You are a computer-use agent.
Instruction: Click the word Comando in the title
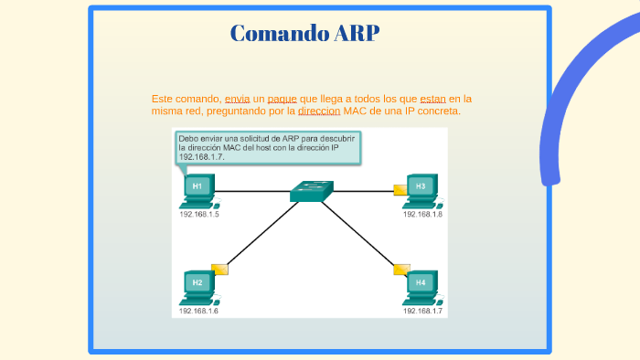[x=268, y=34]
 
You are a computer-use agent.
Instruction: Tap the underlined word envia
[x=237, y=98]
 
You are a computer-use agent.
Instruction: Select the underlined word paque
[x=282, y=98]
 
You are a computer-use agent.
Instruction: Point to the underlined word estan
[x=432, y=98]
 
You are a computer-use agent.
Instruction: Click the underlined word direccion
[x=319, y=111]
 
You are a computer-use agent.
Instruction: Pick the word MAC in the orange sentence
[x=354, y=111]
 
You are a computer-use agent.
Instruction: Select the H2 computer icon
[x=197, y=286]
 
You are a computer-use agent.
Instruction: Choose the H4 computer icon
[x=421, y=286]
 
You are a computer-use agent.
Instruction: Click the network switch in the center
[x=311, y=191]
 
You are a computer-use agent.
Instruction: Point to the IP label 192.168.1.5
[x=198, y=214]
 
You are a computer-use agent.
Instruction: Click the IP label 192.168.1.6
[x=198, y=311]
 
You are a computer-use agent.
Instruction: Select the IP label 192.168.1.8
[x=422, y=214]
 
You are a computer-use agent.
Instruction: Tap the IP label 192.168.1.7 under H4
[x=422, y=311]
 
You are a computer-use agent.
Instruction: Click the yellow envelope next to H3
[x=400, y=189]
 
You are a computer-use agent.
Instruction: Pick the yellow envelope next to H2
[x=219, y=269]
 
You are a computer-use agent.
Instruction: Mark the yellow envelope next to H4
[x=401, y=270]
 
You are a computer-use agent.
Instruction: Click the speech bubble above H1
[x=268, y=146]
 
